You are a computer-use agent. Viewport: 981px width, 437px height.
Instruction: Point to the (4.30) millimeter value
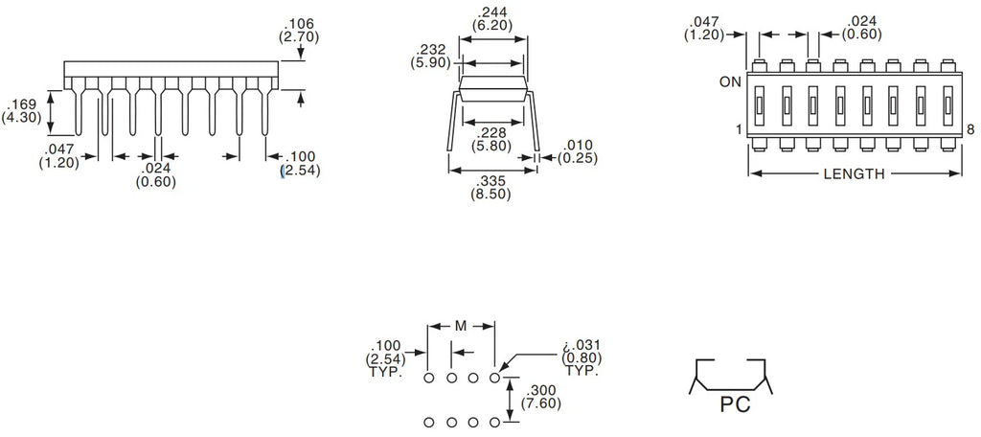pos(21,118)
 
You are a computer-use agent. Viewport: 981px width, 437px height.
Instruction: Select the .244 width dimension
pos(493,12)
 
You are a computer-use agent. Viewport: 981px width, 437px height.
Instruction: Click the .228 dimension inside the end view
pos(491,132)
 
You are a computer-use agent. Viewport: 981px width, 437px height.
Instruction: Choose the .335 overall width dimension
pos(491,179)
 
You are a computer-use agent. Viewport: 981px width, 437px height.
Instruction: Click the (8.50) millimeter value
pos(491,194)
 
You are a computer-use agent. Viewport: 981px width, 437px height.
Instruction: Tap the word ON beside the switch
pos(731,82)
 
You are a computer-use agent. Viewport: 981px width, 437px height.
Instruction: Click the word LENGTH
pos(854,174)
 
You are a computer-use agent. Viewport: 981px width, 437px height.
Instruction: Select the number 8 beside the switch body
pos(970,129)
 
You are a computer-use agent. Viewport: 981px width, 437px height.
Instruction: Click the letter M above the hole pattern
pos(460,327)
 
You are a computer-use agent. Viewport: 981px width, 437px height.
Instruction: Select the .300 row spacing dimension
pos(544,391)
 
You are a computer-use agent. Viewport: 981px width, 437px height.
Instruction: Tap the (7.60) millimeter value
pos(544,404)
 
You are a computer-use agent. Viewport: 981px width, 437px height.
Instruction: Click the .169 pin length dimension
pos(21,104)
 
